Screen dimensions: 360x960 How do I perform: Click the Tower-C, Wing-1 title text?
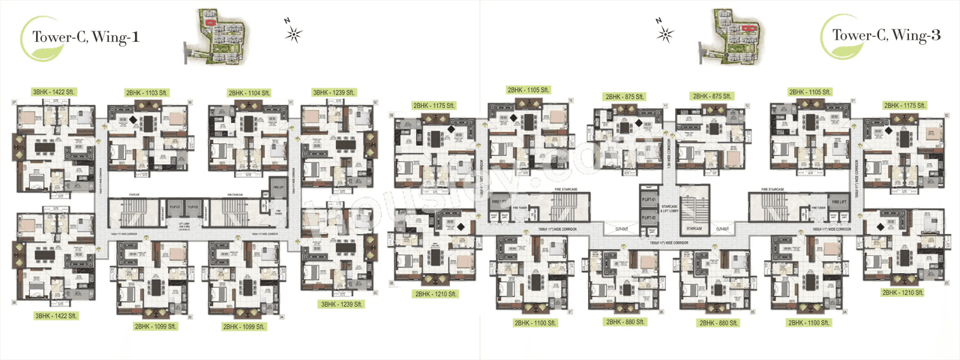tap(82, 36)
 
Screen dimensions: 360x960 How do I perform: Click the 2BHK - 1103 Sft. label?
tap(148, 91)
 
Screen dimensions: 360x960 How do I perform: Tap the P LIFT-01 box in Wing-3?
tap(649, 200)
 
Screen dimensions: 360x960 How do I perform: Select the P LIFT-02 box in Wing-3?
tap(649, 218)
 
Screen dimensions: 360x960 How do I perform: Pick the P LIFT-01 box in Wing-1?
tap(175, 206)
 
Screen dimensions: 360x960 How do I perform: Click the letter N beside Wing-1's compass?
tap(285, 22)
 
